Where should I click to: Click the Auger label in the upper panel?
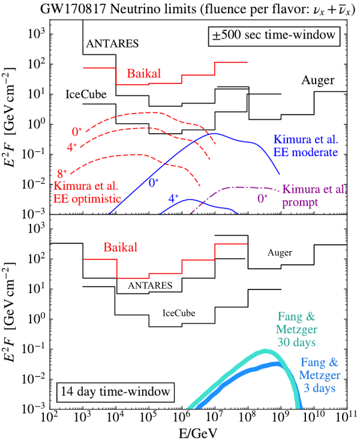318,81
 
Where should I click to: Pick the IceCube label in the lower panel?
178,313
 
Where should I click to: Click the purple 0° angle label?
262,198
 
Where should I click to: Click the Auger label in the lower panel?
280,253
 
